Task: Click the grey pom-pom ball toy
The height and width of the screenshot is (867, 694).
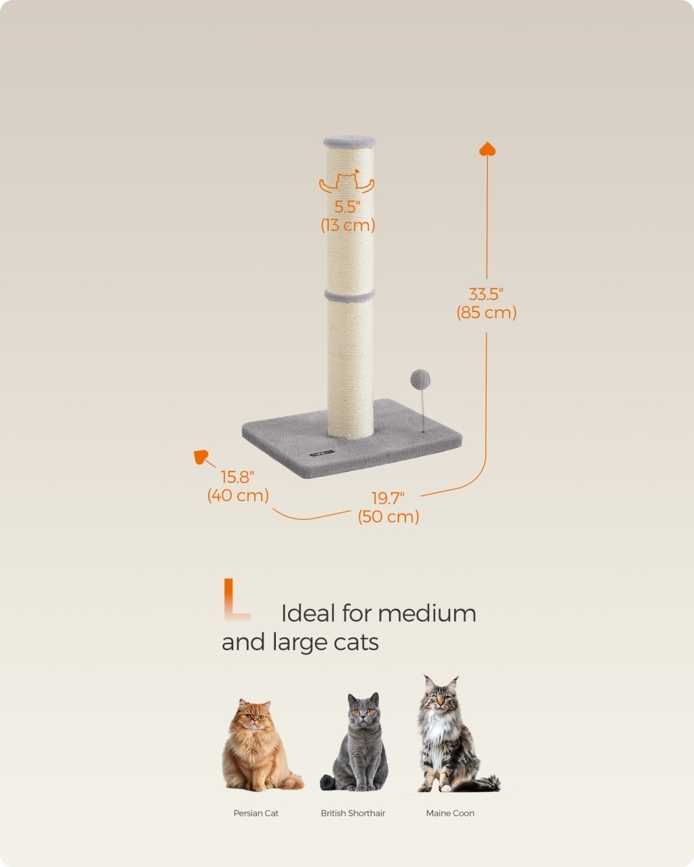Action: point(420,379)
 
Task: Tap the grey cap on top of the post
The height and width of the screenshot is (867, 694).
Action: point(349,142)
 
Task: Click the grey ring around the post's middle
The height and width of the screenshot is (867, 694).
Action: point(350,296)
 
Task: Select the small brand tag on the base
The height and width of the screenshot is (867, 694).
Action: point(321,453)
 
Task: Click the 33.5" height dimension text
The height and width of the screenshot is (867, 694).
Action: point(486,295)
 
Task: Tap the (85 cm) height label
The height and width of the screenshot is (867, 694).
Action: point(487,313)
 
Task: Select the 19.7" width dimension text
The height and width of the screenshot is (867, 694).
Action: point(388,499)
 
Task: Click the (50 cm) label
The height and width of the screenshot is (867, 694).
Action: point(388,517)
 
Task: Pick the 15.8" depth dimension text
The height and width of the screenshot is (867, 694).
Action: point(237,477)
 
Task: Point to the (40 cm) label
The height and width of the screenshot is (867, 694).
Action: point(238,495)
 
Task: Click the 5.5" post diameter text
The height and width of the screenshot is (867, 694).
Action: point(347,207)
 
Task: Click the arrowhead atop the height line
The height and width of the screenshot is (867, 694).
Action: point(487,148)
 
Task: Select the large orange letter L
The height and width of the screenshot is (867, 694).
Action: point(237,600)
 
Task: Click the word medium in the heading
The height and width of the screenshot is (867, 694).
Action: point(427,614)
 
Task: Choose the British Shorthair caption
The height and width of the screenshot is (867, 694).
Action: point(353,813)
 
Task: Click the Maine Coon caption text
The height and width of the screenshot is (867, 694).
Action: point(450,813)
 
